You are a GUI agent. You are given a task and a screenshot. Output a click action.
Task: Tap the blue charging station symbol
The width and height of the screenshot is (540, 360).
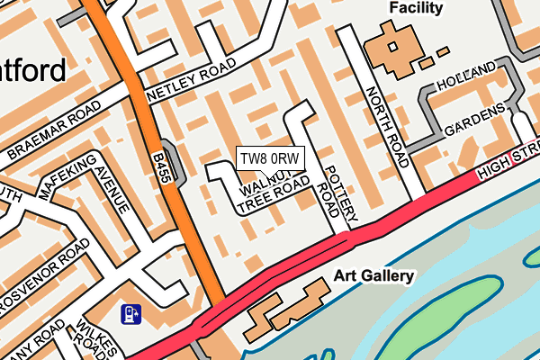pyautogui.click(x=130, y=314)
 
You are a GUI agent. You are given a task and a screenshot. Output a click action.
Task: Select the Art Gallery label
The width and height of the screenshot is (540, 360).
pyautogui.click(x=373, y=275)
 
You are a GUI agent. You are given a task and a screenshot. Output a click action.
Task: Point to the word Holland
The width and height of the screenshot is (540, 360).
pyautogui.click(x=466, y=76)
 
